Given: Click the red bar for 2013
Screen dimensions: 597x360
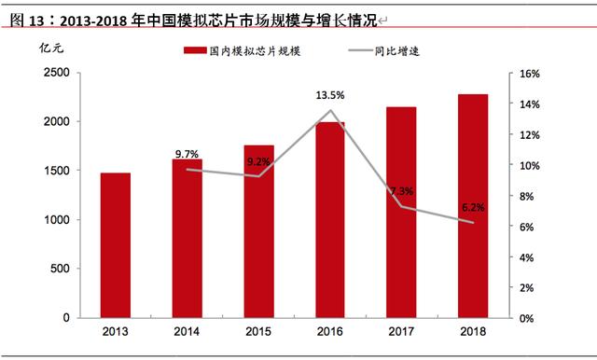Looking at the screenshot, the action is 116,245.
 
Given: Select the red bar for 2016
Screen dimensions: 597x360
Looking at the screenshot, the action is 330,220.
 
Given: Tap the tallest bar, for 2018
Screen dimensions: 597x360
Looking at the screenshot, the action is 473,206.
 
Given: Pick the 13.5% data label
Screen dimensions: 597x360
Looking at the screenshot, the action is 330,95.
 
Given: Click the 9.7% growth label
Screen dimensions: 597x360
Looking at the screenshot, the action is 187,154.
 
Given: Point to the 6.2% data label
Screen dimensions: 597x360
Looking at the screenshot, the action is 473,207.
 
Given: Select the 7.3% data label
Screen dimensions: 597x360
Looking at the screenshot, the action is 402,191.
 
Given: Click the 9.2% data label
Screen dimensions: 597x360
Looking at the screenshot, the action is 258,161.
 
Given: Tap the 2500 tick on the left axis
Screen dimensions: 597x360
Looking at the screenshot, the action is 56,73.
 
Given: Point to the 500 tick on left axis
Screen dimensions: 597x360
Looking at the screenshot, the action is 60,269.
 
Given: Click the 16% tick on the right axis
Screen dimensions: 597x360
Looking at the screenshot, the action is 530,74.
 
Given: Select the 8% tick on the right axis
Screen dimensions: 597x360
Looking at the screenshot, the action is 526,197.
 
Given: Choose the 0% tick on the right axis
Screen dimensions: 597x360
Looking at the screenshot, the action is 526,319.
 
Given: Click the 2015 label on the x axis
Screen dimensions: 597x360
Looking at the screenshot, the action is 258,331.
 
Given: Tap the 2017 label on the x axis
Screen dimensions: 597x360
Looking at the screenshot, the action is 401,331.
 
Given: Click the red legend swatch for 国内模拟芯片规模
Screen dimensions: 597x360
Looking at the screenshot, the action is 195,50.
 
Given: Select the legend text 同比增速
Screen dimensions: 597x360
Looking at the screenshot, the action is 396,51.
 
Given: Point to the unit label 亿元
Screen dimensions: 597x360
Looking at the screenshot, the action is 51,48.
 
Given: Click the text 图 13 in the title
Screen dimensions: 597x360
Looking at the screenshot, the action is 27,21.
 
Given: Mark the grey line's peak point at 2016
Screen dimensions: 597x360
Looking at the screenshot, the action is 330,111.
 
